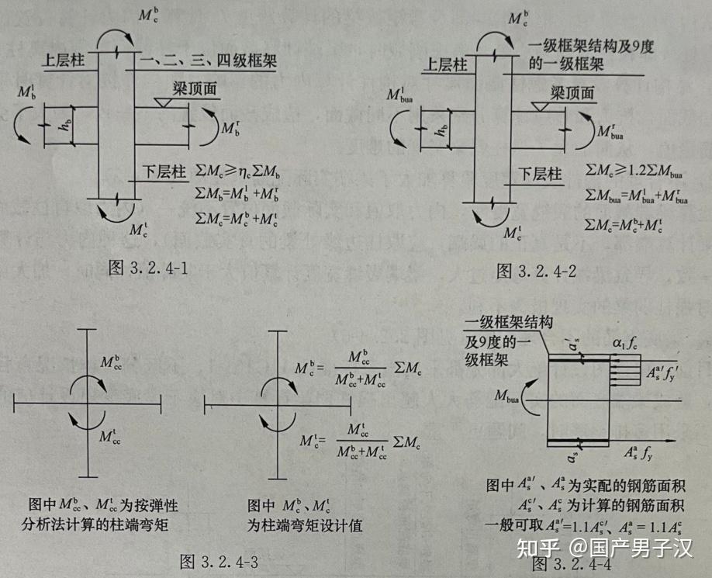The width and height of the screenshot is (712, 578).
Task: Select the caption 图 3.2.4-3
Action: point(219,561)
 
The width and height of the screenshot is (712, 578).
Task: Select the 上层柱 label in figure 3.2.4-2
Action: point(448,65)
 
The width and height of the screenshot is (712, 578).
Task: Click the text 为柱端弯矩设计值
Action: point(305,525)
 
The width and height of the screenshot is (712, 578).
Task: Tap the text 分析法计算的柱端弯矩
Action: point(101,525)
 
